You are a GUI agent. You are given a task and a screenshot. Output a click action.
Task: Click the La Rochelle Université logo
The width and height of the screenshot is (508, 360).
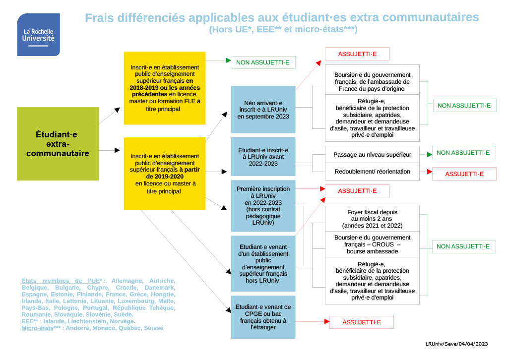(38, 34)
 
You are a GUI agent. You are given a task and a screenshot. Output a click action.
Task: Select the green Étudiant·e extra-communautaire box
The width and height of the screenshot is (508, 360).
(58, 143)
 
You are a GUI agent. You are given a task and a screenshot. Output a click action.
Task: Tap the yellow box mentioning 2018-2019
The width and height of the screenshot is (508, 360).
(165, 88)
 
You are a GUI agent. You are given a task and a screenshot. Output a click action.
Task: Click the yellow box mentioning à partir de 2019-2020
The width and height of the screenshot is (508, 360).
(165, 174)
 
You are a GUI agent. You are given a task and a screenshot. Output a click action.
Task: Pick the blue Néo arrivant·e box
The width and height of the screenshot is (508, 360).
(263, 109)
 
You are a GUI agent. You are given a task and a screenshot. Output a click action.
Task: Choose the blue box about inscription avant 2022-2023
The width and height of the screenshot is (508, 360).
(263, 156)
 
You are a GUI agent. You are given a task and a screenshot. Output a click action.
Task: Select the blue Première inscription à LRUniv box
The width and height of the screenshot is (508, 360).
(263, 206)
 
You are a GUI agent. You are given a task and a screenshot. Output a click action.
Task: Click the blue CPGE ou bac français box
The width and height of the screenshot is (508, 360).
(263, 317)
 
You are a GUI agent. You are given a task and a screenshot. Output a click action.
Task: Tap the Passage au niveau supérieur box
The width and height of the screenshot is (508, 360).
(372, 155)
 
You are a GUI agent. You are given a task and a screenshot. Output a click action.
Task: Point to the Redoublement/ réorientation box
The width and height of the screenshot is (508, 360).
(372, 172)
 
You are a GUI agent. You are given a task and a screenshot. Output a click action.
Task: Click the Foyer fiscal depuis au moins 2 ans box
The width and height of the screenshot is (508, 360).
(372, 219)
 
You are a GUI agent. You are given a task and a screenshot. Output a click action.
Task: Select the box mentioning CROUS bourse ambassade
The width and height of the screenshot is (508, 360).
(372, 244)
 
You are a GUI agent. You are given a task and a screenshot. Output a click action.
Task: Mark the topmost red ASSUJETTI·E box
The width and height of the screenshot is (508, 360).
(357, 54)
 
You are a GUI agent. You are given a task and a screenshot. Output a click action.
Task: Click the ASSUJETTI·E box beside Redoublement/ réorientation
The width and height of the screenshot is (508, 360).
(464, 174)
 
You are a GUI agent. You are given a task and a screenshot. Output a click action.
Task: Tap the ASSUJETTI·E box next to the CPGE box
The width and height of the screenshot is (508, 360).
(362, 322)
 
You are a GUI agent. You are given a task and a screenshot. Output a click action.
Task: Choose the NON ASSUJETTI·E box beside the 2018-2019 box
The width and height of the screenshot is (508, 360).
(263, 62)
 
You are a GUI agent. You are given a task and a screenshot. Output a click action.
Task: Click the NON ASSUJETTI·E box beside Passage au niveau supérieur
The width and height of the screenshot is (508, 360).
(463, 153)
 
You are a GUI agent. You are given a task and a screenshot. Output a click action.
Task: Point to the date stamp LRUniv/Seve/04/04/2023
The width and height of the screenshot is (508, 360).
(456, 344)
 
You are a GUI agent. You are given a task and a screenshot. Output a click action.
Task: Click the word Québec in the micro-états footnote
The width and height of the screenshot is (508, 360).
(130, 328)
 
